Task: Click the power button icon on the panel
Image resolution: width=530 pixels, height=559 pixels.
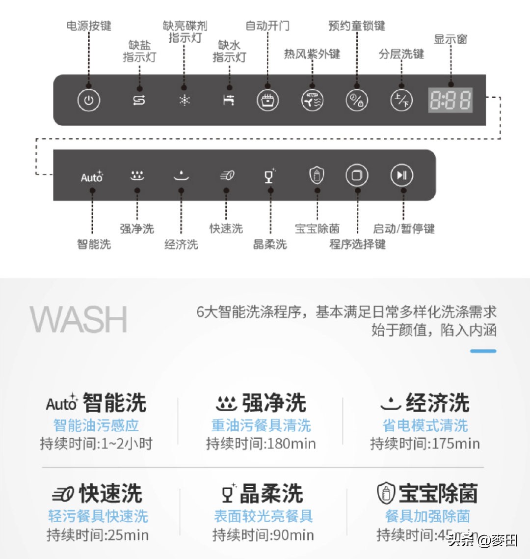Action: (x=89, y=100)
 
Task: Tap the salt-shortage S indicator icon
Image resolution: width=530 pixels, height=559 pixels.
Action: (x=139, y=100)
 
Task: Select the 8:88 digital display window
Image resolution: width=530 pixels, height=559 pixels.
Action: (x=450, y=100)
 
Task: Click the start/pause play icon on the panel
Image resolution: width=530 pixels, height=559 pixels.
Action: (x=401, y=175)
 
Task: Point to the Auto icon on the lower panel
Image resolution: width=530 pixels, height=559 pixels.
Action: (x=92, y=176)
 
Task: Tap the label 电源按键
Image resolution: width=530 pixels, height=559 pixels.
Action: (x=89, y=26)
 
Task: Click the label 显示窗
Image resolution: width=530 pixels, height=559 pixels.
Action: (x=450, y=39)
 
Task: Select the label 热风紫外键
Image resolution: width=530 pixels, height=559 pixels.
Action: (x=312, y=54)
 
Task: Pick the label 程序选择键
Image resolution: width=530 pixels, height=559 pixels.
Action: (x=357, y=244)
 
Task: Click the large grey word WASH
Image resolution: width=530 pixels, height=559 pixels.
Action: (x=79, y=320)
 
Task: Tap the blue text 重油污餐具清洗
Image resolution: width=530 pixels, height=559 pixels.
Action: (x=261, y=425)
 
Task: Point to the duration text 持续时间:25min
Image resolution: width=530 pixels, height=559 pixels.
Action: (x=98, y=535)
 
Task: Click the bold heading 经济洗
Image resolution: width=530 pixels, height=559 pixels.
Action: (x=437, y=403)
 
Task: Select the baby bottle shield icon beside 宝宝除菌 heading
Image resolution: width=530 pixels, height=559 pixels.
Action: (x=386, y=493)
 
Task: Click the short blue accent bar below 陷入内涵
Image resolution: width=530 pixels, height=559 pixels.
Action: (x=483, y=351)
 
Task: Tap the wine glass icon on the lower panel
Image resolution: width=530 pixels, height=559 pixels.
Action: (x=269, y=176)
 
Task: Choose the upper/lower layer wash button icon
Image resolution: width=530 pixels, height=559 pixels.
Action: (x=401, y=100)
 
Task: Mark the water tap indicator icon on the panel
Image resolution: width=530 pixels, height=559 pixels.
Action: (x=229, y=100)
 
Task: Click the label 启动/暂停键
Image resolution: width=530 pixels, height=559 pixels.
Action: (x=403, y=228)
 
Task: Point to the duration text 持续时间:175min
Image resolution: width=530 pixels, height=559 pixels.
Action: (x=425, y=444)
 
